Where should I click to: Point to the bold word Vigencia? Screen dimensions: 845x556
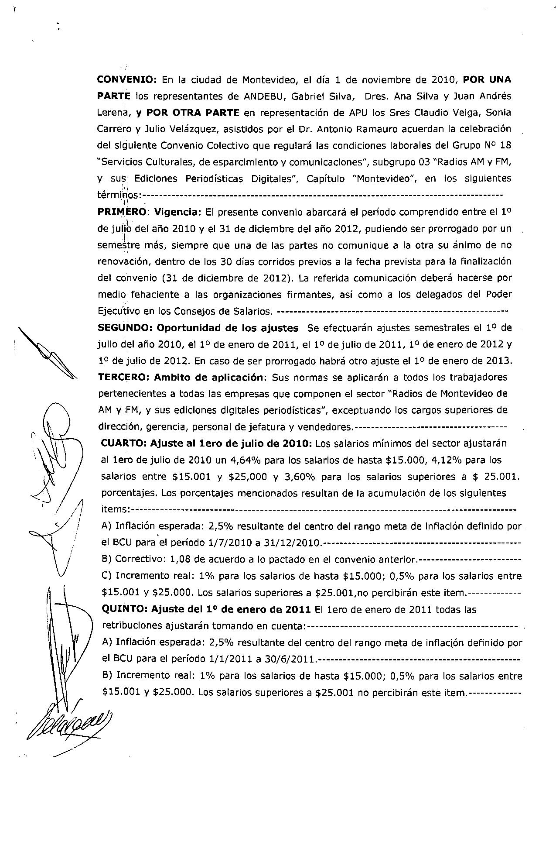point(177,212)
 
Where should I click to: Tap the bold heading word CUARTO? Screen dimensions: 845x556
point(123,444)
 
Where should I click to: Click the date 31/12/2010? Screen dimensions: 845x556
point(295,543)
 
